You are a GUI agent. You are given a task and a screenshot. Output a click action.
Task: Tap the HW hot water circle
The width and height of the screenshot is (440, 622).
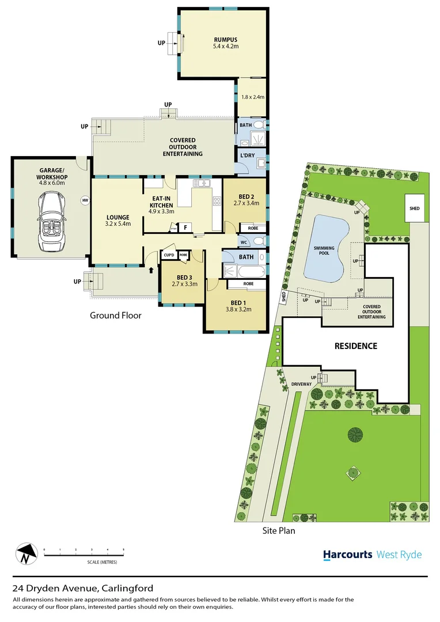tap(85, 200)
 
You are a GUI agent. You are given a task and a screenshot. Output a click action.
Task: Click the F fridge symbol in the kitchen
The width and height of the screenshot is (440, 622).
tap(185, 227)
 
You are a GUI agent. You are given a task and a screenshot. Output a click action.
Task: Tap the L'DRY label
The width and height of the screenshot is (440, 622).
tap(248, 155)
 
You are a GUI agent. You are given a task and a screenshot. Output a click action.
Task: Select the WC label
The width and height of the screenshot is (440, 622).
tap(244, 242)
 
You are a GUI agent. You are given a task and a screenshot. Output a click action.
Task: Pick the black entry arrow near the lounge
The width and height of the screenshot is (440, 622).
tap(151, 269)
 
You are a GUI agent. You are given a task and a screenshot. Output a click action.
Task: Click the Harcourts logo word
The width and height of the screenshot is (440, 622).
tap(347, 555)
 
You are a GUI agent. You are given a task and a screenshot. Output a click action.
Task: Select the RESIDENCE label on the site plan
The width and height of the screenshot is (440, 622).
tap(356, 346)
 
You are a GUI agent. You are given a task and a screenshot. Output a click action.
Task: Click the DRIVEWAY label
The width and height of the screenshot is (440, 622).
tap(301, 384)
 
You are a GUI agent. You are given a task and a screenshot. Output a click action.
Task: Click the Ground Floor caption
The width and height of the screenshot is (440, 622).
tap(115, 316)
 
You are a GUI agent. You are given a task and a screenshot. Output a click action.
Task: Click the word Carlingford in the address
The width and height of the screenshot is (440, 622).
tap(127, 588)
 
